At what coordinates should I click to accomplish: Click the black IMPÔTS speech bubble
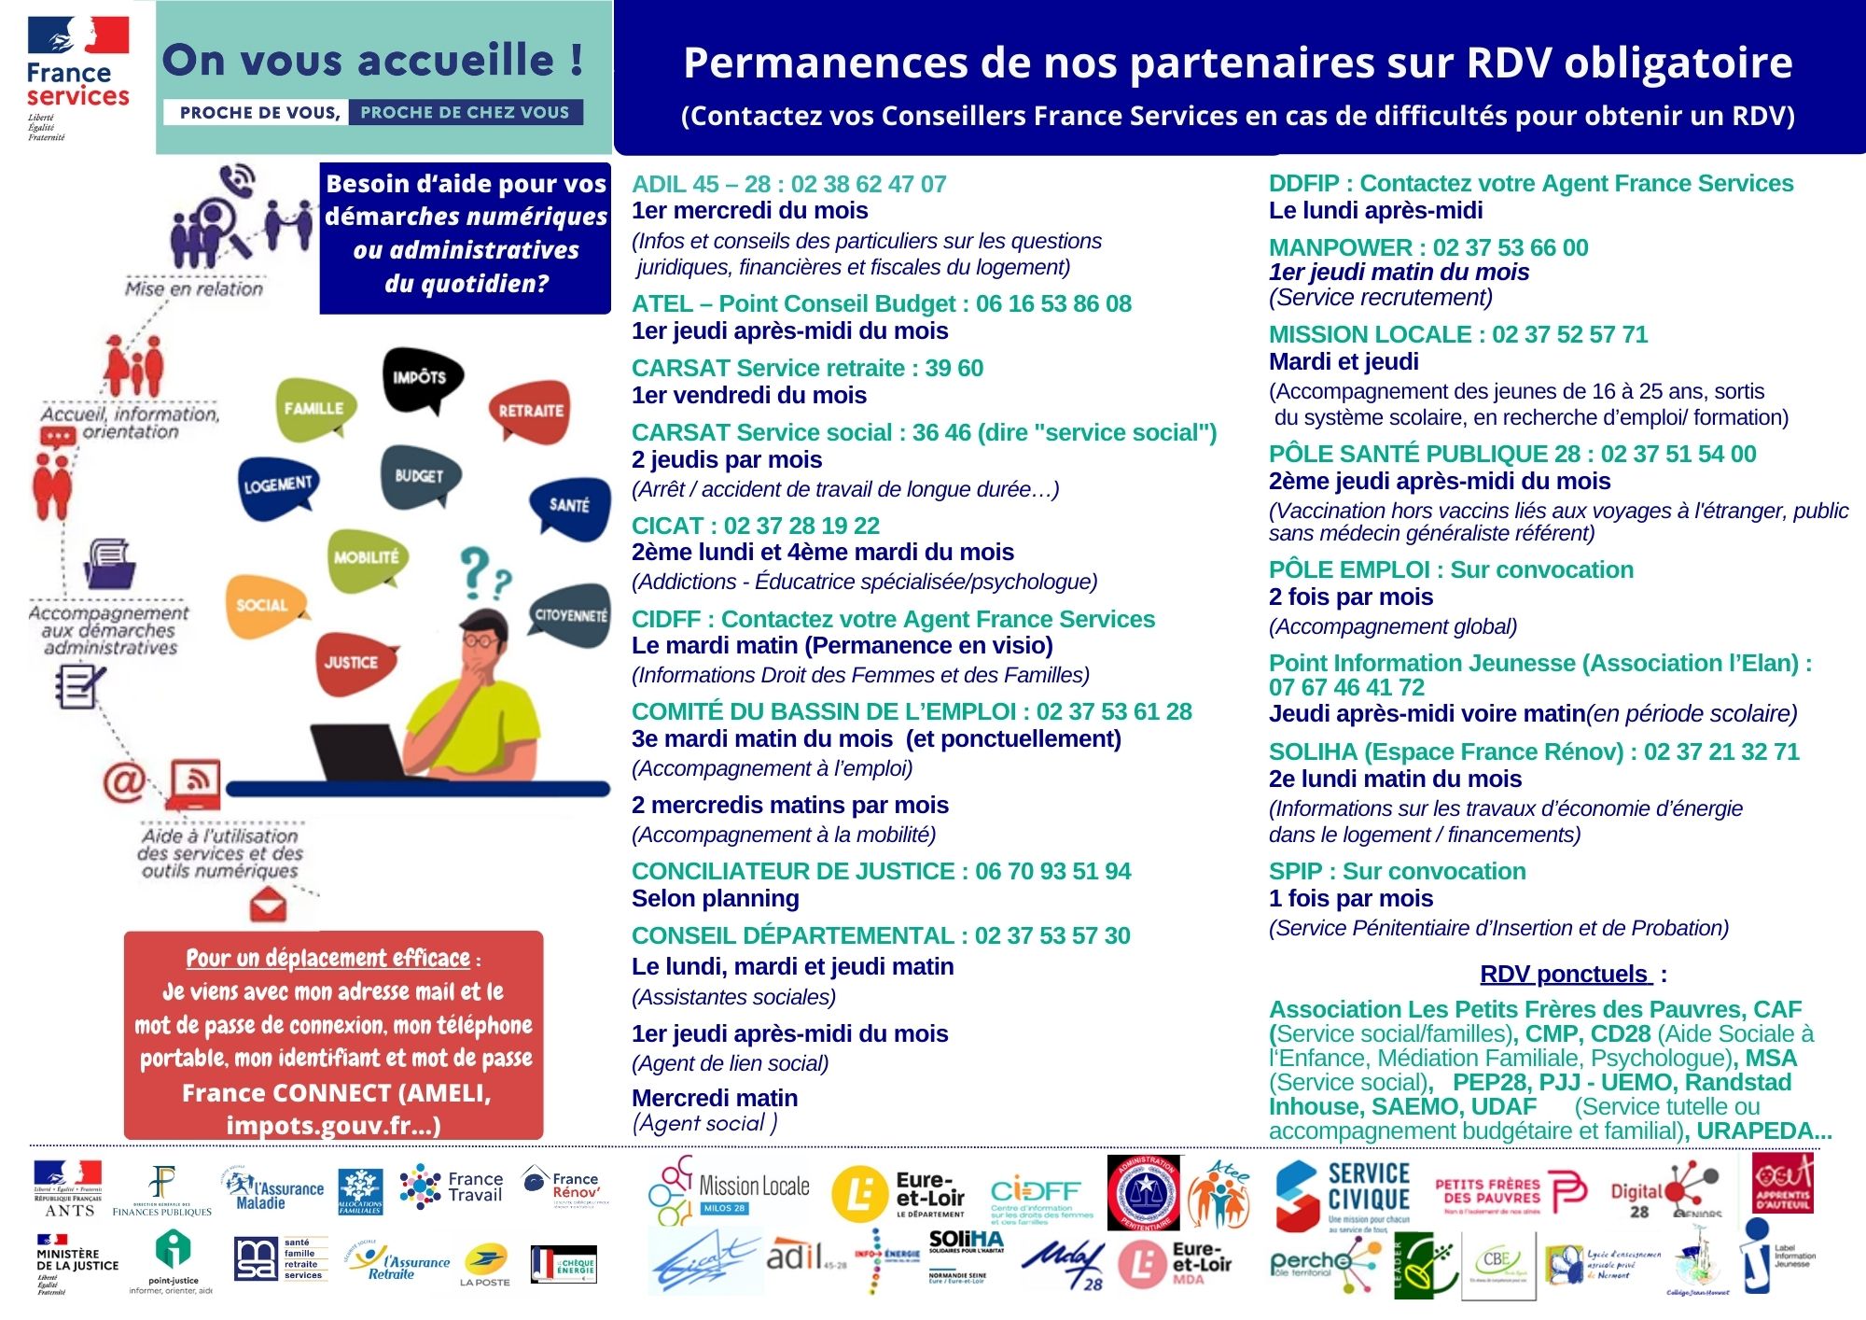[x=422, y=379]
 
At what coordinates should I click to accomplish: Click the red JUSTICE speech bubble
[x=352, y=663]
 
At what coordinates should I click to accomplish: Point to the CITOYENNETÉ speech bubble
[x=570, y=616]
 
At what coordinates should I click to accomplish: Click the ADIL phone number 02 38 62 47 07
[x=869, y=184]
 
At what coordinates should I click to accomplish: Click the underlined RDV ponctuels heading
[x=1565, y=974]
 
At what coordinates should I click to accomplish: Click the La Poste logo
[x=485, y=1265]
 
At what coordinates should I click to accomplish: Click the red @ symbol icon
[x=124, y=782]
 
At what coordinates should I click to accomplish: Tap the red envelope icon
[x=269, y=905]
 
